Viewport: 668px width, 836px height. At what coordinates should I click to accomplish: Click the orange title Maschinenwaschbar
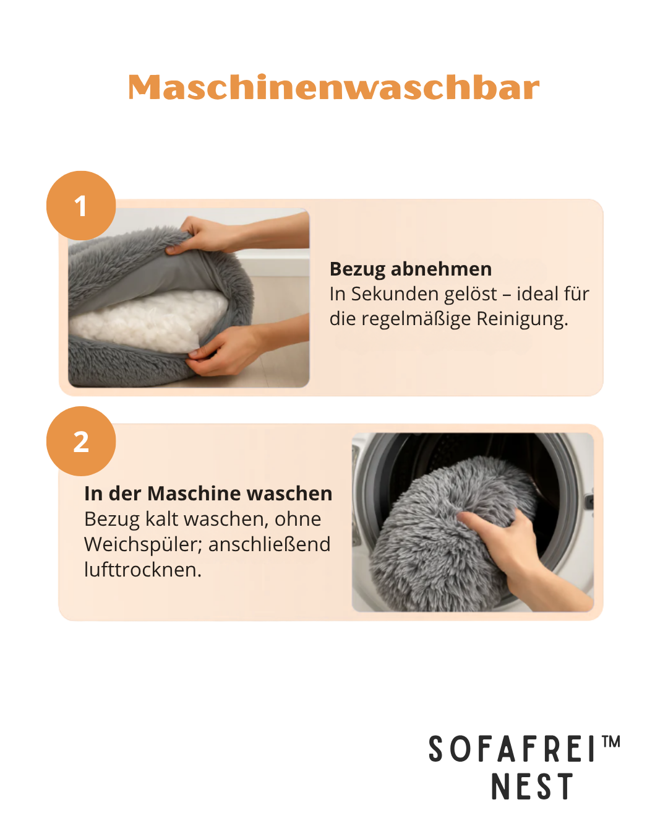[x=333, y=87]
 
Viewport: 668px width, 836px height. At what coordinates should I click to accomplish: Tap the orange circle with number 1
[x=81, y=205]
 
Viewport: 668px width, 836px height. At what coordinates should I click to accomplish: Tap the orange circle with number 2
[x=81, y=441]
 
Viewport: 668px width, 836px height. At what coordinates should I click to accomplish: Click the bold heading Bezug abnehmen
[x=411, y=269]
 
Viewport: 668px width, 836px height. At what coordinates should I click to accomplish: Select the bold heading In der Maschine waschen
[x=208, y=494]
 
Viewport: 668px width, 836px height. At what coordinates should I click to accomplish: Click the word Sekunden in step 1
[x=424, y=294]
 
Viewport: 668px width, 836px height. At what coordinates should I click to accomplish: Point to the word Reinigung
[x=522, y=320]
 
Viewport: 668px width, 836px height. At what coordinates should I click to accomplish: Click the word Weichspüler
[x=143, y=545]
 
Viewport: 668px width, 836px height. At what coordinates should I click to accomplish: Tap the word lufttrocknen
[x=143, y=570]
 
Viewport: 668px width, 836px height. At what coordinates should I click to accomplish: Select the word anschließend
[x=270, y=545]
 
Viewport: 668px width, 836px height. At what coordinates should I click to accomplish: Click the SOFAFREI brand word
[x=512, y=749]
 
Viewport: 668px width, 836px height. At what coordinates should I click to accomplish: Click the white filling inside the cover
[x=147, y=318]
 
